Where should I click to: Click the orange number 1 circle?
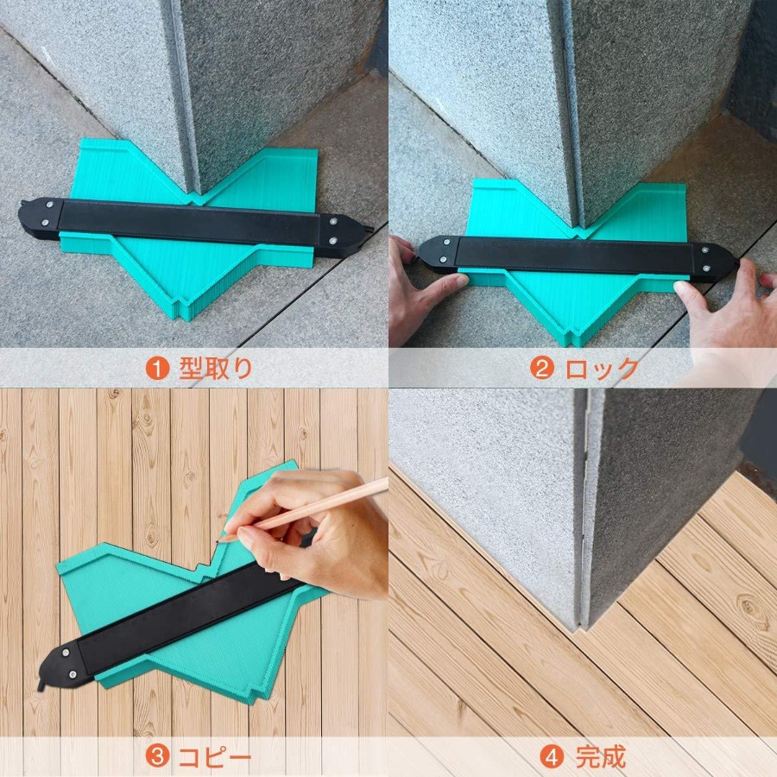pyautogui.click(x=158, y=369)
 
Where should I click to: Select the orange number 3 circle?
pyautogui.click(x=158, y=756)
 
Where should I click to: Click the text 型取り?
pyautogui.click(x=216, y=369)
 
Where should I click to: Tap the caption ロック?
pyautogui.click(x=602, y=369)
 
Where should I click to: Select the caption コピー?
pyautogui.click(x=215, y=757)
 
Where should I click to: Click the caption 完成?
pyautogui.click(x=601, y=756)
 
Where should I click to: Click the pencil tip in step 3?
pyautogui.click(x=218, y=541)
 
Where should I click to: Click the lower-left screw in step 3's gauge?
pyautogui.click(x=73, y=674)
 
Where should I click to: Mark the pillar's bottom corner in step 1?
pyautogui.click(x=197, y=195)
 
